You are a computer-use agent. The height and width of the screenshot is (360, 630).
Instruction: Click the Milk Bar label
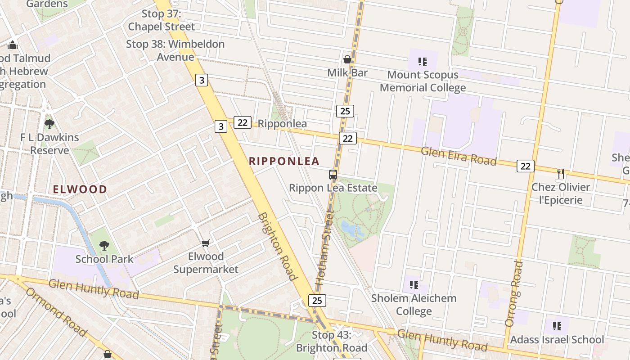[347, 73]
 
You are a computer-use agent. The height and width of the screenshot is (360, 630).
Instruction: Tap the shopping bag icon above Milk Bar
[347, 59]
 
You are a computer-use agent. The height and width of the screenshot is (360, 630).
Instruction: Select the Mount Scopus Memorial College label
[423, 81]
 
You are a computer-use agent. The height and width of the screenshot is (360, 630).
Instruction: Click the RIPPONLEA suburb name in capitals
[284, 161]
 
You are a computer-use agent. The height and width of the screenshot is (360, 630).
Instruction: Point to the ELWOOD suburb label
[80, 189]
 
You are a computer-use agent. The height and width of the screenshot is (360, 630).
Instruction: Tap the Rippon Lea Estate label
[333, 188]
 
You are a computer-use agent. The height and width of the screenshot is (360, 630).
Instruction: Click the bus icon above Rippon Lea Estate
[333, 175]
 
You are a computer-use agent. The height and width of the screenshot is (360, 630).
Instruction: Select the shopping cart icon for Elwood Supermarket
[206, 243]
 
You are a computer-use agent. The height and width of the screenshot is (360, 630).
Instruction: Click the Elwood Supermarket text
[206, 263]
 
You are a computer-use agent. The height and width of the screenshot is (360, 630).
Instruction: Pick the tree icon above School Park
[104, 246]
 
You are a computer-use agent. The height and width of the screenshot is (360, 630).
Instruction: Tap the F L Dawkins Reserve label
[49, 144]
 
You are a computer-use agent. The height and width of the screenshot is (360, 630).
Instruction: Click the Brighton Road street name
[278, 246]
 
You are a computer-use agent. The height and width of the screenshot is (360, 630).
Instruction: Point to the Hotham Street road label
[324, 249]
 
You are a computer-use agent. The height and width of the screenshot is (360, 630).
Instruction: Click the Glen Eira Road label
[459, 156]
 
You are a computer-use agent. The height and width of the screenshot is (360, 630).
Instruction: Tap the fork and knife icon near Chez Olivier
[561, 174]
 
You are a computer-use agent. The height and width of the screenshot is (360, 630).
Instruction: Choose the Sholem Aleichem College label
[414, 305]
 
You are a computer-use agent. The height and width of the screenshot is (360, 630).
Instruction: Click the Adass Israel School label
[557, 340]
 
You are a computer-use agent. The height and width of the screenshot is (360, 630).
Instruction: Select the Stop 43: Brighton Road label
[332, 341]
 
